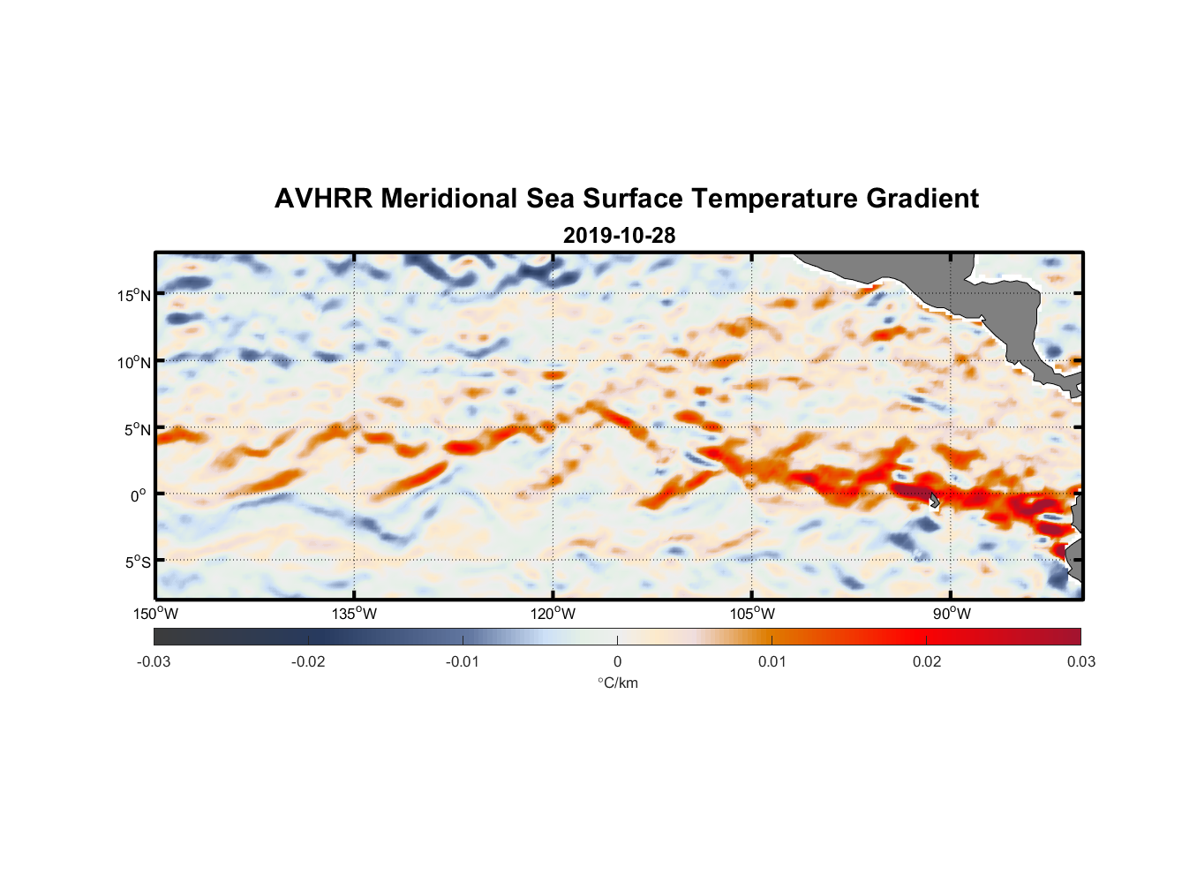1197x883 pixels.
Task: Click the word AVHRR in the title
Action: click(323, 199)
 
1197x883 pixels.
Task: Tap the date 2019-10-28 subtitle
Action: click(619, 235)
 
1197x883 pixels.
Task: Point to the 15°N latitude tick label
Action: click(134, 295)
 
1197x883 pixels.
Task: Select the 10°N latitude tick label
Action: click(134, 362)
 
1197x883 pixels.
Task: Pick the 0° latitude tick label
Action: click(139, 495)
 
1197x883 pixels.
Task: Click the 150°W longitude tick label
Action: click(156, 614)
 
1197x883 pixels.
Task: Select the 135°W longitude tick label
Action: click(355, 614)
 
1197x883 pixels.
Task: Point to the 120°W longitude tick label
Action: click(553, 614)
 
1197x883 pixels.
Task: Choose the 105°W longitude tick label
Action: click(752, 614)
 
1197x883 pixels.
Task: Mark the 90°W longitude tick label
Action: click(952, 614)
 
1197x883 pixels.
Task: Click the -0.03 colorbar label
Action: click(154, 661)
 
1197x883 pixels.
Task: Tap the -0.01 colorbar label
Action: click(463, 661)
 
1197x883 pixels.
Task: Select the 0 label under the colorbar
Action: click(617, 661)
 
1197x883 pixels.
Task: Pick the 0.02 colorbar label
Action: click(927, 661)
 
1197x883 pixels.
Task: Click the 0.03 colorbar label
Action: click(1080, 661)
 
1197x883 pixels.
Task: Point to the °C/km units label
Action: click(618, 683)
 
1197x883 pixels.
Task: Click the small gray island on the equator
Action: click(935, 500)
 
